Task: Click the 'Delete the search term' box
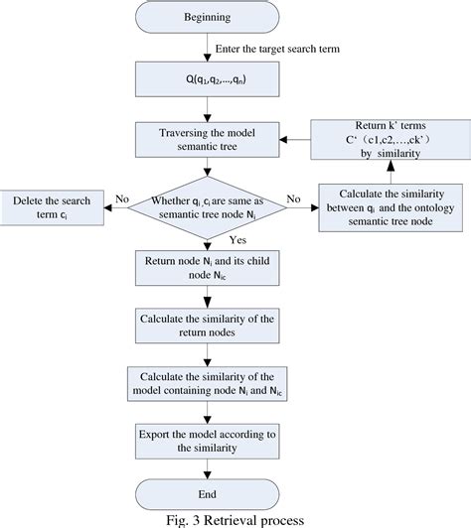coord(51,205)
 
